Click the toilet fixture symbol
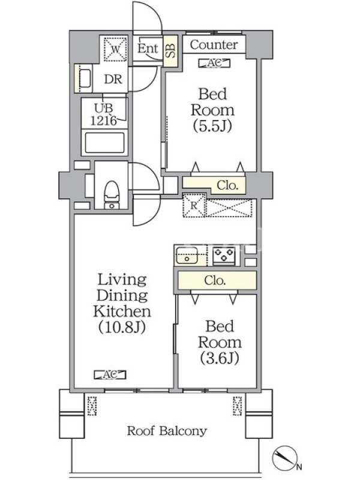pyautogui.click(x=112, y=195)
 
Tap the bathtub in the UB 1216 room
pyautogui.click(x=105, y=142)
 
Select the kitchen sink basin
pyautogui.click(x=187, y=256)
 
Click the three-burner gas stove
pyautogui.click(x=224, y=256)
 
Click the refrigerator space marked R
pyautogui.click(x=194, y=205)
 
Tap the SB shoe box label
pyautogui.click(x=171, y=50)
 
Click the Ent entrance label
pyautogui.click(x=148, y=48)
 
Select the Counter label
pyautogui.click(x=214, y=44)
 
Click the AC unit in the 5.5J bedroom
pyautogui.click(x=214, y=63)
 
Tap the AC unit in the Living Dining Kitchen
pyautogui.click(x=110, y=374)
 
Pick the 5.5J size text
pyautogui.click(x=212, y=125)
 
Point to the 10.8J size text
pyautogui.click(x=122, y=327)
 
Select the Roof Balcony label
pyautogui.click(x=167, y=431)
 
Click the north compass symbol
pyautogui.click(x=286, y=458)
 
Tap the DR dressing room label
pyautogui.click(x=113, y=79)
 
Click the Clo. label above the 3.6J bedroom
pyautogui.click(x=215, y=280)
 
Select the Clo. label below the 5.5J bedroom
pyautogui.click(x=227, y=185)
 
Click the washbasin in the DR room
pyautogui.click(x=85, y=79)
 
